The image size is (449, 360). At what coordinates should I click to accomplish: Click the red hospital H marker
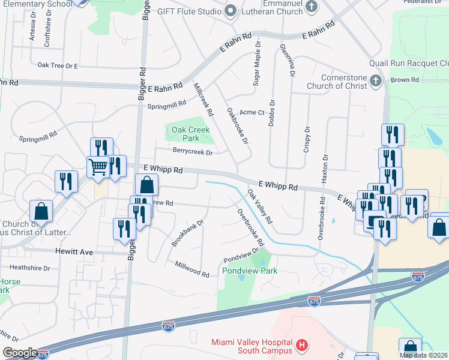pos(302,346)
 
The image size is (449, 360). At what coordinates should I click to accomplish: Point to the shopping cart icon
pos(97,166)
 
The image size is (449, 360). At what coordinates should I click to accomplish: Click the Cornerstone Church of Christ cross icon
pos(376,80)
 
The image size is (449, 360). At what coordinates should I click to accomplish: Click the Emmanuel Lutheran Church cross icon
pos(311,7)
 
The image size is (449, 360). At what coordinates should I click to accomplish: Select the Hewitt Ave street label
pos(74,253)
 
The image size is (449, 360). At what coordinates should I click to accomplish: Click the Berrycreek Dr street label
pos(193,152)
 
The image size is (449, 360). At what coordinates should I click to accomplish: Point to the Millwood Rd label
pos(191,269)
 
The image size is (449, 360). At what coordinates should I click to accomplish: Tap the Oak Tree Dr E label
pos(58,65)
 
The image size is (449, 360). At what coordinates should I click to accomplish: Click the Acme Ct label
pos(252,112)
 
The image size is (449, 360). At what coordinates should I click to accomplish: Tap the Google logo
pos(20,353)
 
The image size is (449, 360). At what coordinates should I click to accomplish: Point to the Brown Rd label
pos(405,80)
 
